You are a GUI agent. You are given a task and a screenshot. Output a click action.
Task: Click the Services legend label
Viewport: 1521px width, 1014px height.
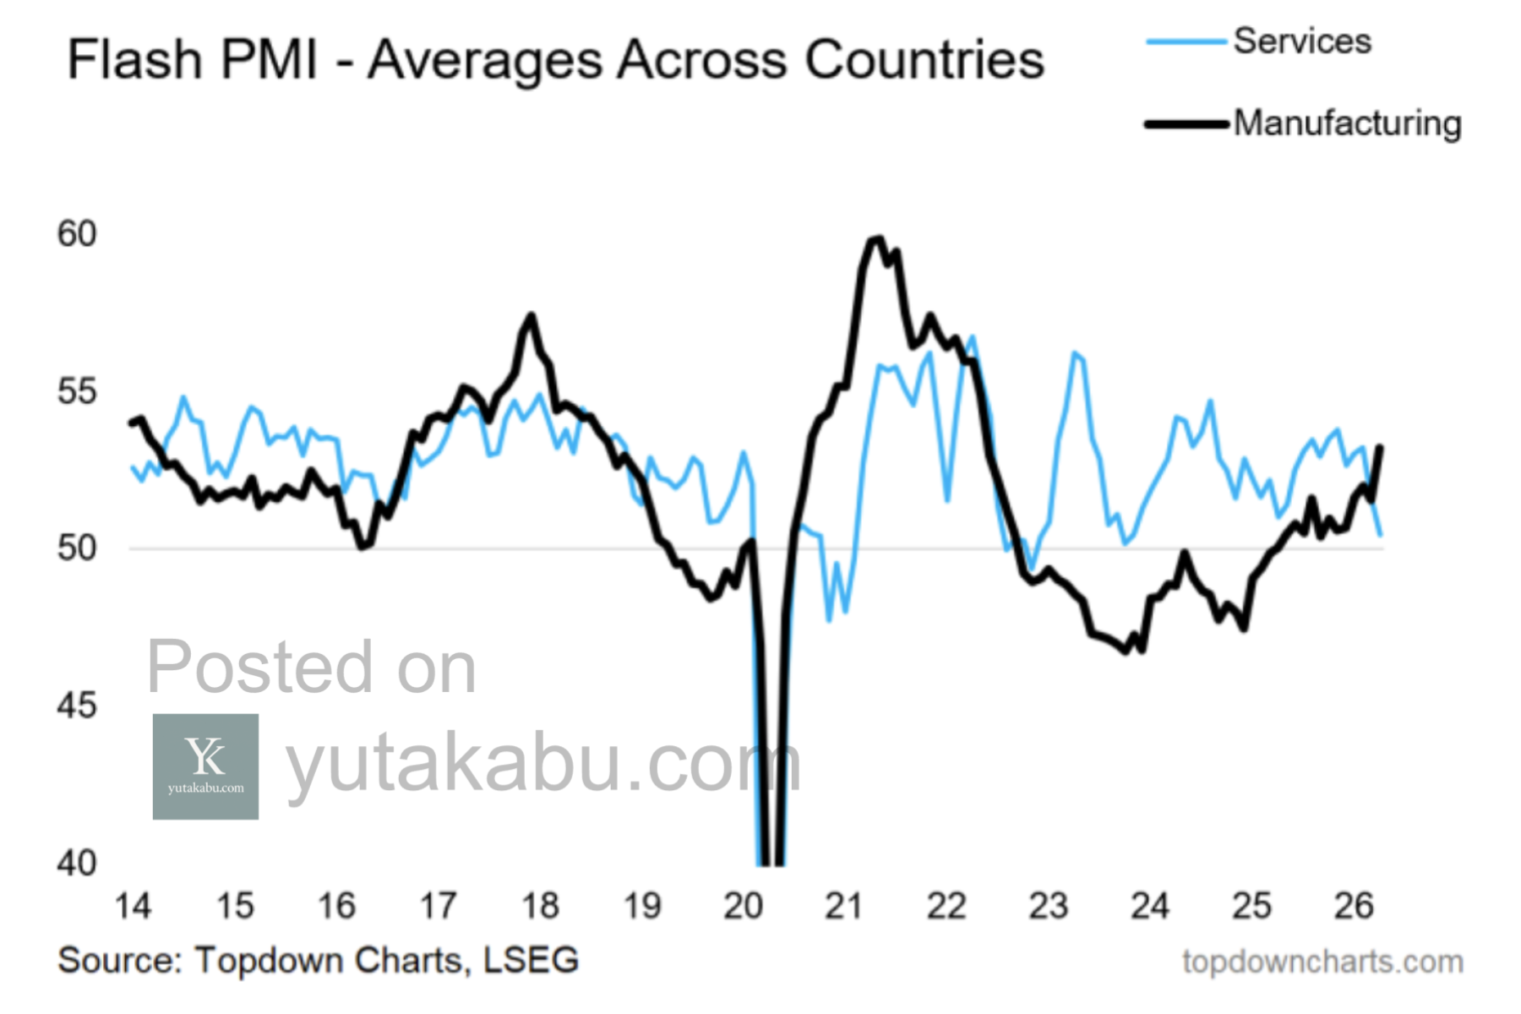point(1301,41)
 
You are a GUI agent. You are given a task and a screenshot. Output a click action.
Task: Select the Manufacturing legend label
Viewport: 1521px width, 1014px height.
point(1347,123)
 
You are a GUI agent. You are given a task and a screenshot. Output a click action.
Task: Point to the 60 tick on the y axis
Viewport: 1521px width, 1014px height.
point(77,234)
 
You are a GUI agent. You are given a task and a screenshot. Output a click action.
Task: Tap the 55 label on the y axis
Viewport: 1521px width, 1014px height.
point(77,392)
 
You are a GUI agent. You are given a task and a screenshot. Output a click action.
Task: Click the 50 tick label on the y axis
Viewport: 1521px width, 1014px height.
point(77,548)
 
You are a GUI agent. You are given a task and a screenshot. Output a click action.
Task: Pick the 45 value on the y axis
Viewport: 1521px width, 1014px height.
point(77,706)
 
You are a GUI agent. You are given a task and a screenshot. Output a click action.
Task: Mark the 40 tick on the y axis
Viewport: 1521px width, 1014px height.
point(77,863)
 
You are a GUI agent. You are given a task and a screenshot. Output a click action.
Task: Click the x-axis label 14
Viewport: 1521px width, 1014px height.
point(133,906)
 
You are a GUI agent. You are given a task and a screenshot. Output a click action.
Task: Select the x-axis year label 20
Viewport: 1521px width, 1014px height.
point(743,906)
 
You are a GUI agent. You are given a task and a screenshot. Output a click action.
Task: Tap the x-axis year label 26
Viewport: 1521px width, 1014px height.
point(1354,906)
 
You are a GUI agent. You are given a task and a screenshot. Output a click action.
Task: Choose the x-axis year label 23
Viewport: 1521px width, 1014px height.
point(1048,906)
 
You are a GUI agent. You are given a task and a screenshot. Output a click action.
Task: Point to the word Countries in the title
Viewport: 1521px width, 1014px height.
point(924,60)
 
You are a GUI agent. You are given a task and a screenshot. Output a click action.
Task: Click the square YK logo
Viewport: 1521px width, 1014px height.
point(205,766)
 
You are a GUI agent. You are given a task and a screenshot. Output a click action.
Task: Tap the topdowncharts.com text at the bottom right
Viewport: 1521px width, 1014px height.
point(1322,962)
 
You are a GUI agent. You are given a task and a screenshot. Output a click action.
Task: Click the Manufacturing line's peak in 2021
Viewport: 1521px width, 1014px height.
point(877,239)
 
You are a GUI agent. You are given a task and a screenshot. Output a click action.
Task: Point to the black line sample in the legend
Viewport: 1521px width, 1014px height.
point(1186,124)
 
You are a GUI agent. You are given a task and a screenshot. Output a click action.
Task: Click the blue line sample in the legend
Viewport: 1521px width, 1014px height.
point(1186,41)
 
